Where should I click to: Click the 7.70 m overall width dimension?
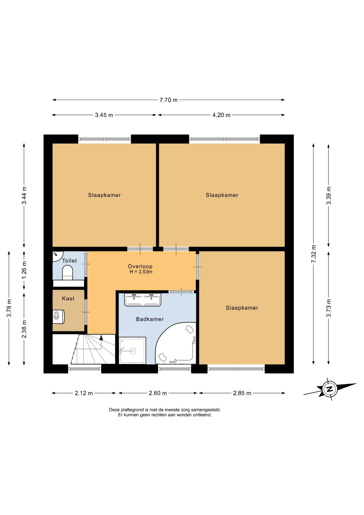pyautogui.click(x=168, y=100)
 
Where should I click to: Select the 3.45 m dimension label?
pyautogui.click(x=104, y=115)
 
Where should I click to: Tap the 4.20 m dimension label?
pyautogui.click(x=221, y=115)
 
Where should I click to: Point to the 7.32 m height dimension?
pyautogui.click(x=314, y=254)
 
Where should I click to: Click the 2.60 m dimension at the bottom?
pyautogui.click(x=158, y=393)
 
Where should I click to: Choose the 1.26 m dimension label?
pyautogui.click(x=24, y=270)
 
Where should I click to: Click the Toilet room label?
pyautogui.click(x=69, y=261)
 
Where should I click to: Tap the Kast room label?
pyautogui.click(x=68, y=299)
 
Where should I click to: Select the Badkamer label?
pyautogui.click(x=150, y=319)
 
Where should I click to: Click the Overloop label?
pyautogui.click(x=140, y=266)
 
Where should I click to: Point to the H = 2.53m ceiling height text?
pyautogui.click(x=141, y=272)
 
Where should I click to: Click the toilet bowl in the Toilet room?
pyautogui.click(x=68, y=273)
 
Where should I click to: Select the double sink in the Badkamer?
pyautogui.click(x=143, y=300)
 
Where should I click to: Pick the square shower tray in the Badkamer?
pyautogui.click(x=132, y=351)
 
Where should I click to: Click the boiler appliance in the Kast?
pyautogui.click(x=59, y=317)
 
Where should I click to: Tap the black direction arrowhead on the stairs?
pyautogui.click(x=101, y=337)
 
